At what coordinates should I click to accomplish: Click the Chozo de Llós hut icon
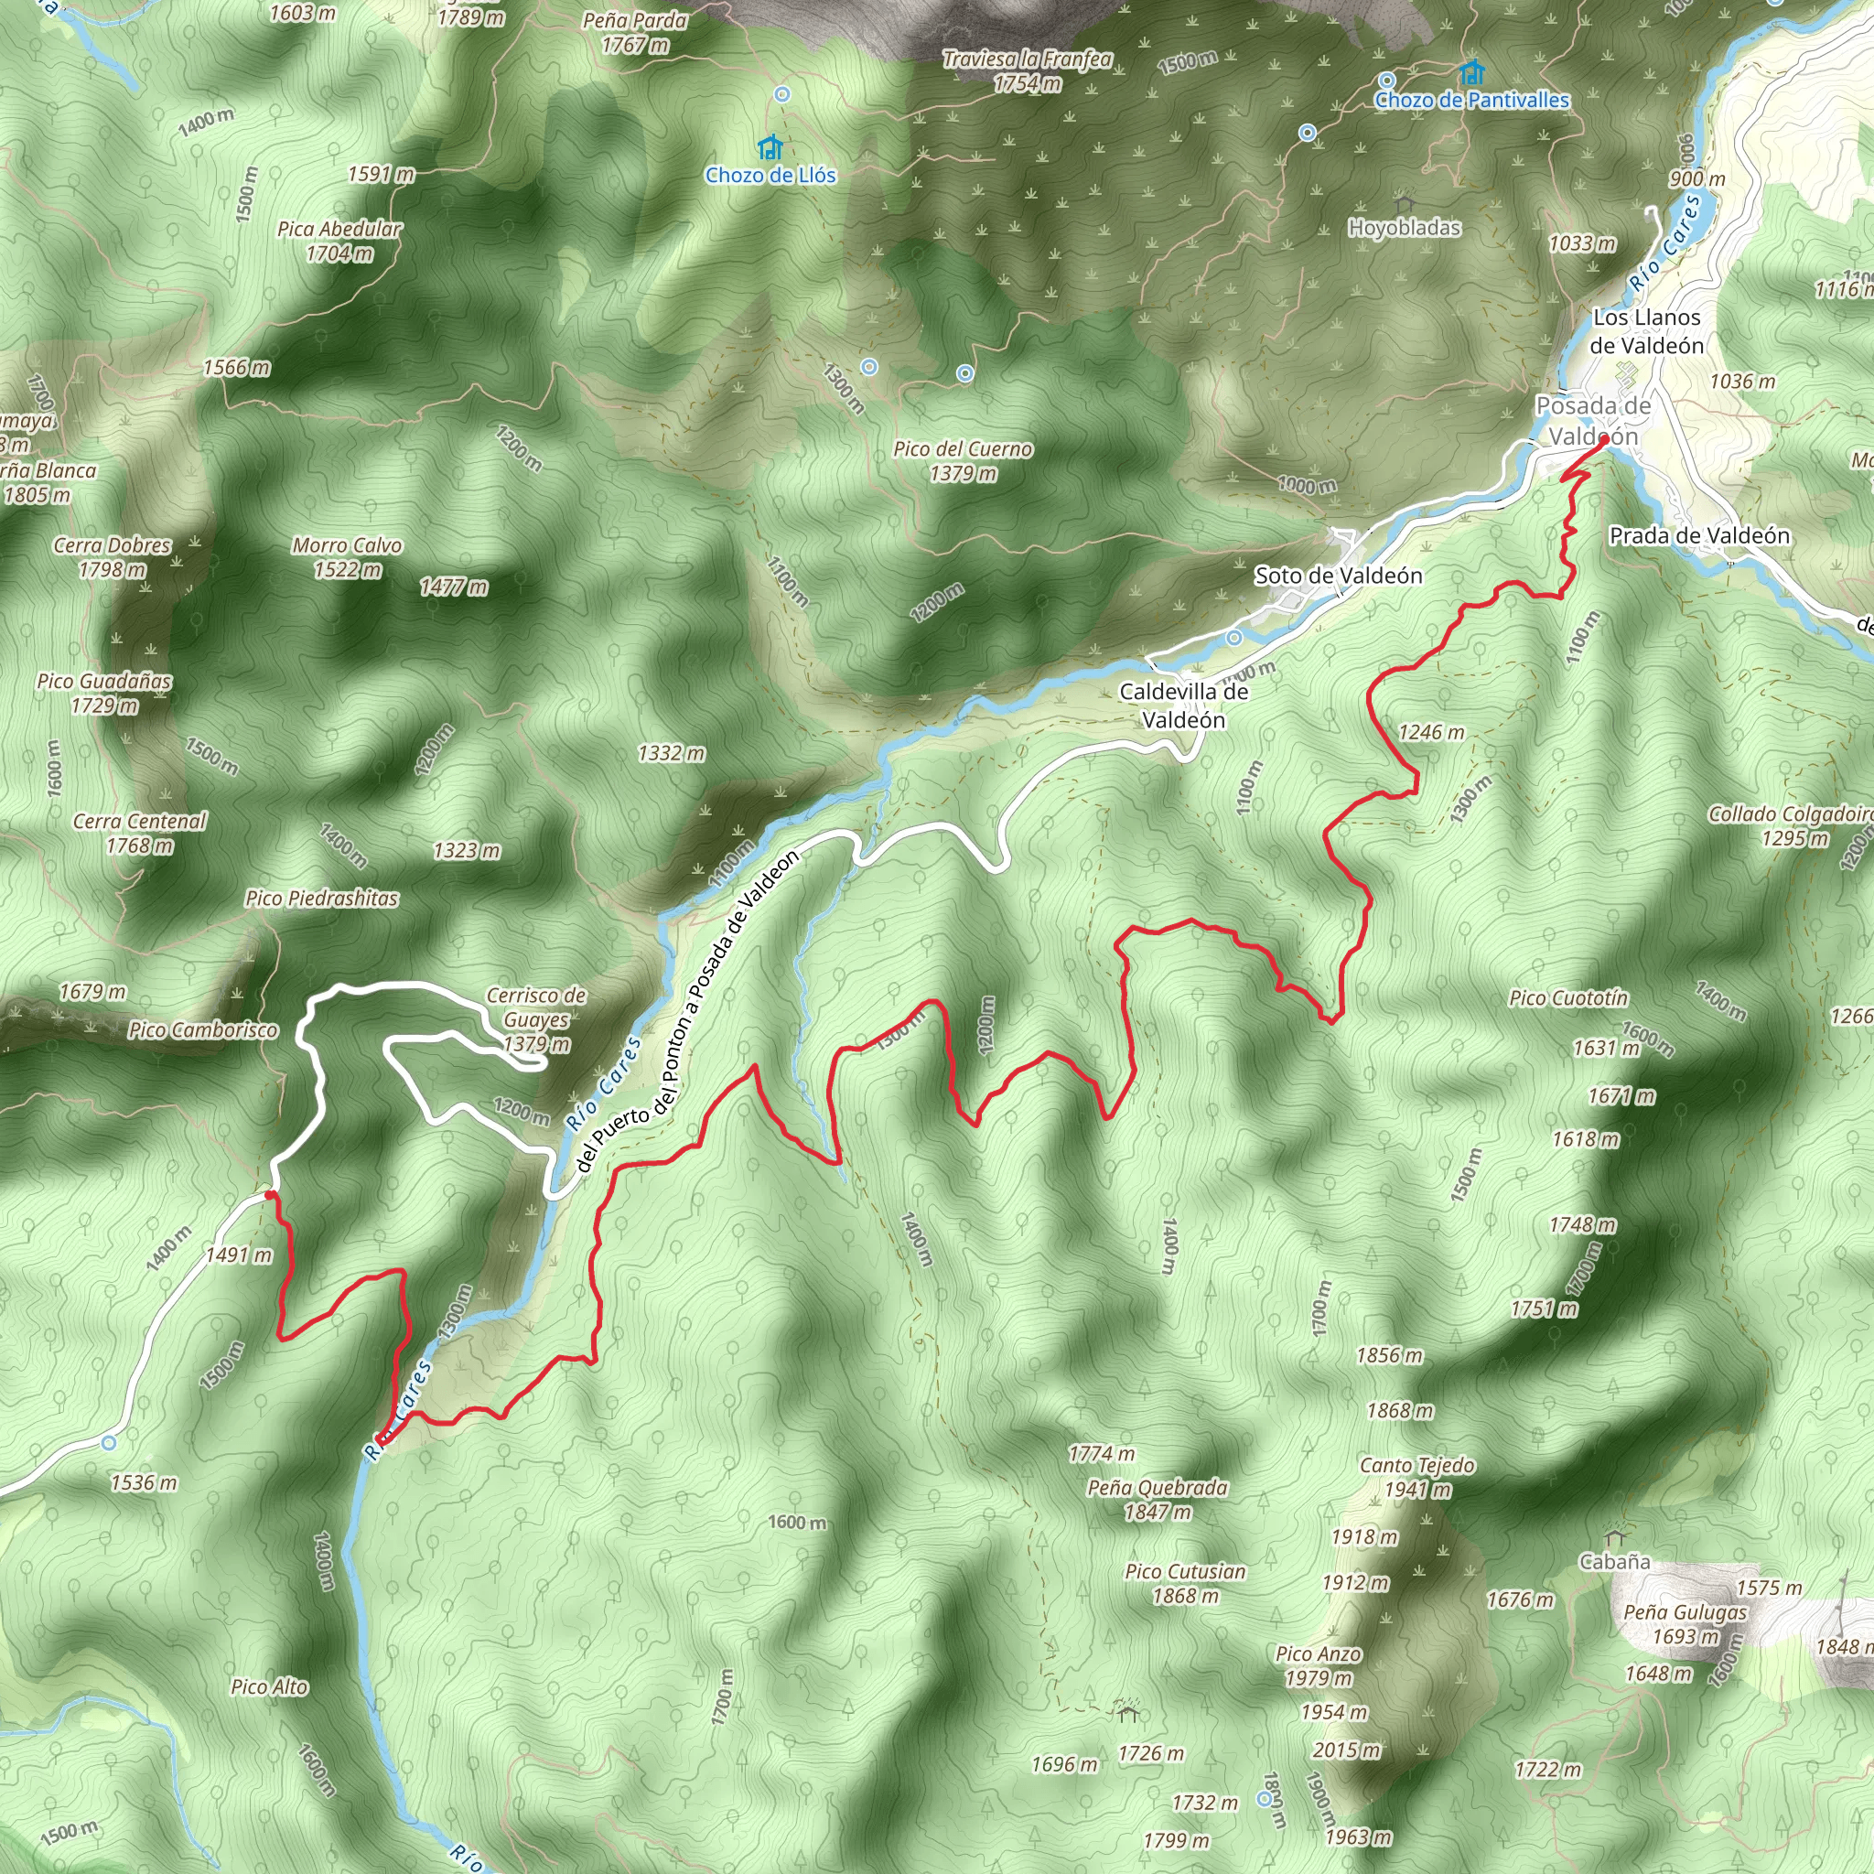point(770,147)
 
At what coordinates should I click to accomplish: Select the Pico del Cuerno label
point(963,461)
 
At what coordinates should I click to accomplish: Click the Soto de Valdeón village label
point(1339,576)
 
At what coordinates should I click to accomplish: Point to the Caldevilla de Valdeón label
point(1183,705)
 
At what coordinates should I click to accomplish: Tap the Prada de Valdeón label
point(1699,535)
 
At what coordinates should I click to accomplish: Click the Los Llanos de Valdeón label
point(1646,330)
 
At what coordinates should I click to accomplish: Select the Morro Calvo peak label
point(347,556)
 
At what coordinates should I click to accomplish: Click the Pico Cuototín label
point(1568,998)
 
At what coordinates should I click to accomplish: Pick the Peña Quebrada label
point(1158,1499)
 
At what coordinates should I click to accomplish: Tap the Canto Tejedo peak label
point(1417,1476)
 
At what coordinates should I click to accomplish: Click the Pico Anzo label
point(1319,1665)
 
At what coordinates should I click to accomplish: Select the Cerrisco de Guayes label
point(536,1019)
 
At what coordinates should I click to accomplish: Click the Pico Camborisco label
point(204,1030)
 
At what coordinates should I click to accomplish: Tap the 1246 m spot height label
point(1431,732)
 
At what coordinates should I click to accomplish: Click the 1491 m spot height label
point(239,1255)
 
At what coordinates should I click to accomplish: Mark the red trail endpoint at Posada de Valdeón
point(1603,439)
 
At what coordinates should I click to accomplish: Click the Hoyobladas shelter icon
point(1404,206)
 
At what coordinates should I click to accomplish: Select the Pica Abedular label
point(339,241)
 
